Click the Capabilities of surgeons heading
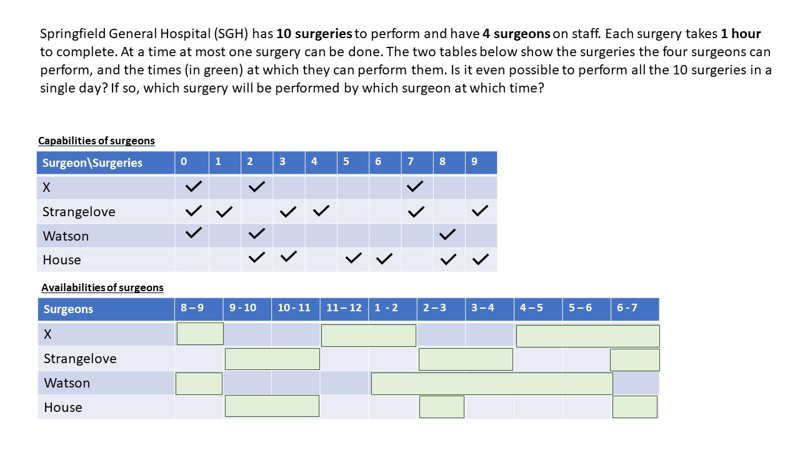click(96, 141)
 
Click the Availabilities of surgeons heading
click(102, 287)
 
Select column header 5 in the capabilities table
click(346, 161)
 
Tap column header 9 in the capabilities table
click(474, 161)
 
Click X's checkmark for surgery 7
click(414, 186)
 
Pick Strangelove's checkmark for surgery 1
click(224, 212)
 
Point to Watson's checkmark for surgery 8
click(447, 234)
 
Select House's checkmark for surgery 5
click(354, 258)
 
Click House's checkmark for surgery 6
click(384, 259)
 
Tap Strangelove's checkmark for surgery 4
click(321, 211)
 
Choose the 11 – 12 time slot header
click(344, 307)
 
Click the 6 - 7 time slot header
click(627, 307)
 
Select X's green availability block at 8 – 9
click(200, 334)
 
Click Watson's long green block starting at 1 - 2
click(492, 384)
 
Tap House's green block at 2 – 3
click(442, 407)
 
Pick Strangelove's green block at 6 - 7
click(635, 360)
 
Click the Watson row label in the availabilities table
click(67, 383)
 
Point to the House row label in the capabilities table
click(62, 260)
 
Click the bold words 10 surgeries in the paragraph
click(314, 34)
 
